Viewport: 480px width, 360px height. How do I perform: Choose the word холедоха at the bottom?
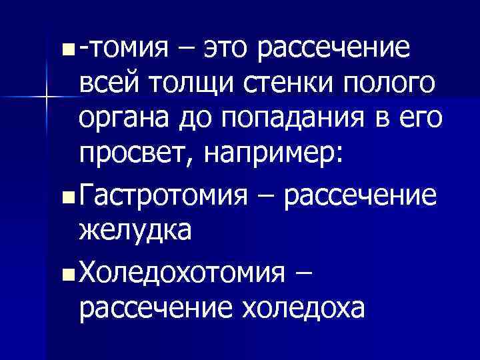(x=304, y=308)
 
